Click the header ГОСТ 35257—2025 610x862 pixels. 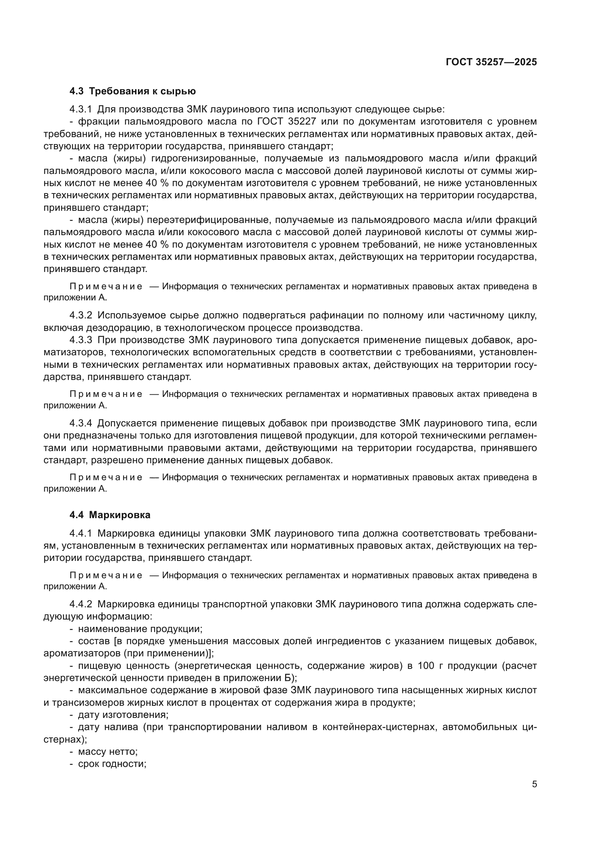coord(491,62)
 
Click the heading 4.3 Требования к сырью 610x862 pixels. coord(133,91)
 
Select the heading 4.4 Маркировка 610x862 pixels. coord(110,515)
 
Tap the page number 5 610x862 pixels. coord(534,784)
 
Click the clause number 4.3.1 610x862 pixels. coord(80,109)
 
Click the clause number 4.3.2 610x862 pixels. coord(80,315)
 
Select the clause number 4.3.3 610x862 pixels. coord(80,340)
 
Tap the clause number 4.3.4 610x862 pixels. coord(80,423)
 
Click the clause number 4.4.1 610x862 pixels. coord(80,533)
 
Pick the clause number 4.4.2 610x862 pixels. coord(80,604)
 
